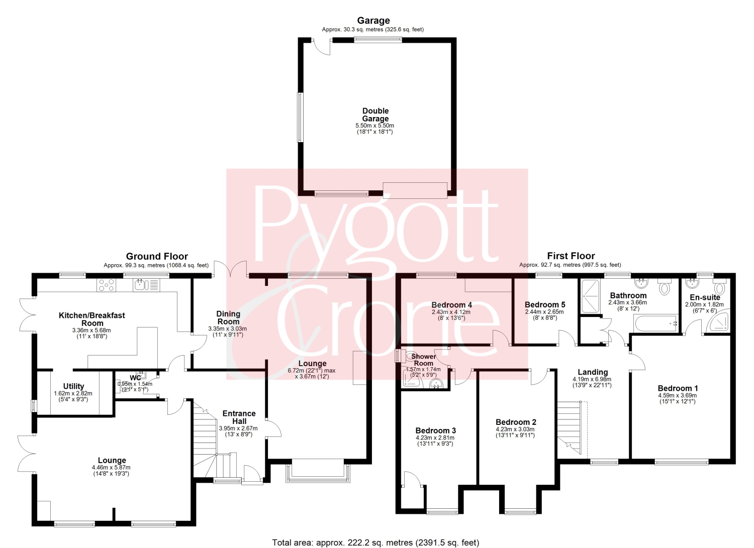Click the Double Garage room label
click(375, 115)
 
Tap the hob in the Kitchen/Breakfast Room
click(106, 285)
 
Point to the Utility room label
click(73, 386)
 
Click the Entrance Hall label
click(239, 417)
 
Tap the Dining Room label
click(228, 317)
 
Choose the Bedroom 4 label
click(452, 305)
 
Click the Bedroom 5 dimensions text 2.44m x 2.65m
click(544, 312)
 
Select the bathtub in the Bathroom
click(655, 323)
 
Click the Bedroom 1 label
click(677, 388)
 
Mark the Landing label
click(593, 372)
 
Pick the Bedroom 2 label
click(516, 422)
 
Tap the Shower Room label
click(423, 360)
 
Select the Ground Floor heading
click(157, 256)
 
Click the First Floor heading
click(571, 256)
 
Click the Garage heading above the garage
click(373, 21)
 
